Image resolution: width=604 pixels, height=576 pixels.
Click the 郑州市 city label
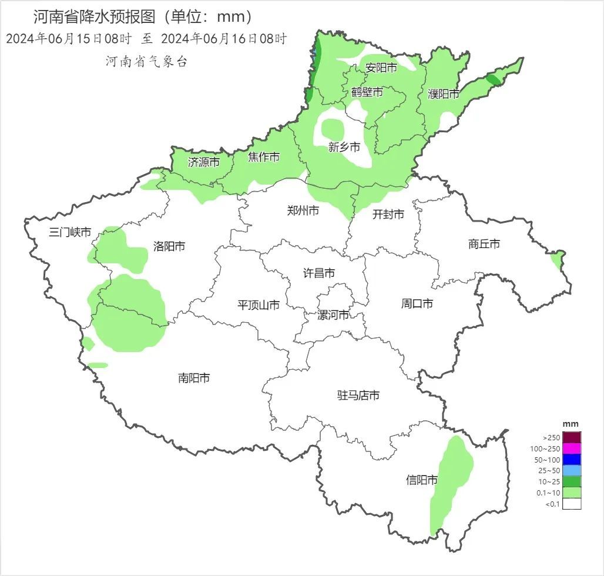(x=303, y=210)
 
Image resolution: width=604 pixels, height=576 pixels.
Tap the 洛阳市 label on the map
(x=169, y=246)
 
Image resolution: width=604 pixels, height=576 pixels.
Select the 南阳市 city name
(x=194, y=378)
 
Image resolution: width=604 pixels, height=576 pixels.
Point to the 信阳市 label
(x=422, y=480)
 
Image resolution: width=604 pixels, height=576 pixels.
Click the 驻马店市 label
(x=358, y=396)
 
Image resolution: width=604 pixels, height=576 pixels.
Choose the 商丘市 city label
(x=484, y=244)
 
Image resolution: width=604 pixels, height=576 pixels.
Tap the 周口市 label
(x=417, y=303)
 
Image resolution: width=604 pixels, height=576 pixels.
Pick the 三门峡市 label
(x=70, y=232)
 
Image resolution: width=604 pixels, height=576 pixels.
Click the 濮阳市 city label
(x=444, y=93)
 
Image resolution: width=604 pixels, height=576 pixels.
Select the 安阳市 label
(x=381, y=68)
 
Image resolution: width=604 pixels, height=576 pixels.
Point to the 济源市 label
(x=204, y=162)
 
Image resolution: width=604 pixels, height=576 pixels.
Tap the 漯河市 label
(x=333, y=315)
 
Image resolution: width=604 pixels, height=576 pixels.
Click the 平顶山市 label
(x=258, y=305)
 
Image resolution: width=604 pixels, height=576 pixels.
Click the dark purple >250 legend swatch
(x=572, y=437)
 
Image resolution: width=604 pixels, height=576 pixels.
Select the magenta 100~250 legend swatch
(x=572, y=448)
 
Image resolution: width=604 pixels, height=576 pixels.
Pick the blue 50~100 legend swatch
(x=572, y=460)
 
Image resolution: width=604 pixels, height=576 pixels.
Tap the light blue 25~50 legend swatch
(x=572, y=470)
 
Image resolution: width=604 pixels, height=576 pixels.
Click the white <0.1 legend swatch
(x=572, y=504)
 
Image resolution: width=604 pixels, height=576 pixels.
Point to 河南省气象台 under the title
(x=146, y=62)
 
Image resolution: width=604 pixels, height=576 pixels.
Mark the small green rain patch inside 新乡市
(x=333, y=128)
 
